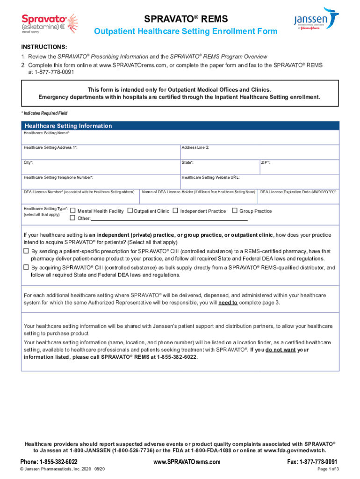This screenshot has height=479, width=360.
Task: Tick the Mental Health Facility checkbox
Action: point(72,211)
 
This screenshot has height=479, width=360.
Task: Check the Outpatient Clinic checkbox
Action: point(130,211)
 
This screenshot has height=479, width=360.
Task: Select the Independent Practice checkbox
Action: point(175,211)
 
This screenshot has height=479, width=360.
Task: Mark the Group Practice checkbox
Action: point(235,211)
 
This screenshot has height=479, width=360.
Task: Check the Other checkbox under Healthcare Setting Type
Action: point(72,218)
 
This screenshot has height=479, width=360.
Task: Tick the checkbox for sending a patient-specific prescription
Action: point(26,251)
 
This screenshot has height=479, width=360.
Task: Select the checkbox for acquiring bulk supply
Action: point(26,268)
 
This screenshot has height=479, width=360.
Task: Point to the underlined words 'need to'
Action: point(228,303)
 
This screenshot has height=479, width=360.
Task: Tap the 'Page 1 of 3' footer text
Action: point(328,469)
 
